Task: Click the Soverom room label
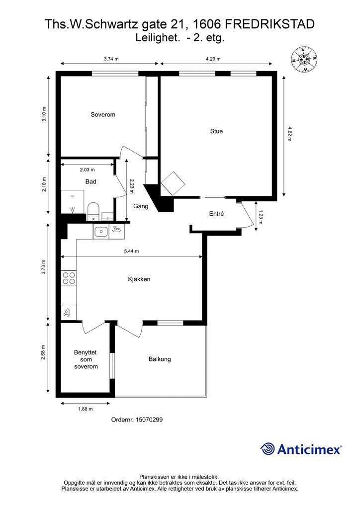click(x=103, y=115)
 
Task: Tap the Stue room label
click(x=216, y=131)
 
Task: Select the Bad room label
click(x=90, y=182)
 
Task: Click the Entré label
click(x=216, y=214)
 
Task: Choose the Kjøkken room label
click(x=139, y=279)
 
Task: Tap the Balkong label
click(x=159, y=359)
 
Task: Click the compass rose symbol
click(x=304, y=59)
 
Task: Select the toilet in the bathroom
click(x=93, y=210)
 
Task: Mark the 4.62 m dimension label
click(x=290, y=134)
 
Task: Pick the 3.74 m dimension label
click(x=111, y=59)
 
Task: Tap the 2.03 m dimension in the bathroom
click(x=87, y=170)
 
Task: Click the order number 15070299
click(x=137, y=420)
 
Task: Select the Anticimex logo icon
click(x=268, y=449)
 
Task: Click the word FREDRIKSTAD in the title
click(x=270, y=24)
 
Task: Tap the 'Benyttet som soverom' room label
click(x=86, y=359)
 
